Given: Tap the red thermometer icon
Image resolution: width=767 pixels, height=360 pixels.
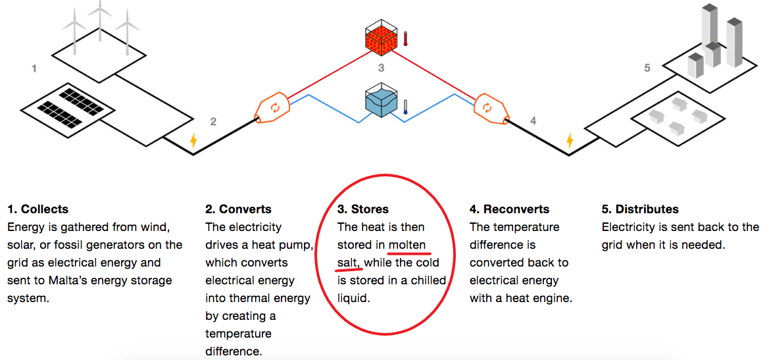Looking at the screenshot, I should pos(407,38).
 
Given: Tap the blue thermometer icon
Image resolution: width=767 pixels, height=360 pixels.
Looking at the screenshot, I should pos(406,107).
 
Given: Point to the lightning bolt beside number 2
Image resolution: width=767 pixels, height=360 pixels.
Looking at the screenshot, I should pos(193,140).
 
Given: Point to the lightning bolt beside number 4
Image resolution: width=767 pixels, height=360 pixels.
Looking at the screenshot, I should pos(570,140).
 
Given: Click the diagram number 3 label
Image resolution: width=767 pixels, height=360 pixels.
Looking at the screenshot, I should pos(381,67).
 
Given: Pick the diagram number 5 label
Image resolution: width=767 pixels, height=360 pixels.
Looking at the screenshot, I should pos(647,67).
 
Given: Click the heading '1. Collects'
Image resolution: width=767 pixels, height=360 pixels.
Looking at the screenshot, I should pos(38,209).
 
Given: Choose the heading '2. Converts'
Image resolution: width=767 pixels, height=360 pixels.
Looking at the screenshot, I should pos(238,209).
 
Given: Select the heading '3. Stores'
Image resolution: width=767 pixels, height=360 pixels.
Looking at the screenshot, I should pos(363,209).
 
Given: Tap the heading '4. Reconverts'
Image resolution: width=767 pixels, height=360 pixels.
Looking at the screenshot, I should pos(509,209).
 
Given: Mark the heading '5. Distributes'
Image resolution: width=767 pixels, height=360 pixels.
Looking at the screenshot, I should pos(640,209).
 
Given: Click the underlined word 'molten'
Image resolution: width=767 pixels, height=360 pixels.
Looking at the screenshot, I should pos(407,245).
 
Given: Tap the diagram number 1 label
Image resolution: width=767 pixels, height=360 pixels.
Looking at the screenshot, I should pos(34,68).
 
